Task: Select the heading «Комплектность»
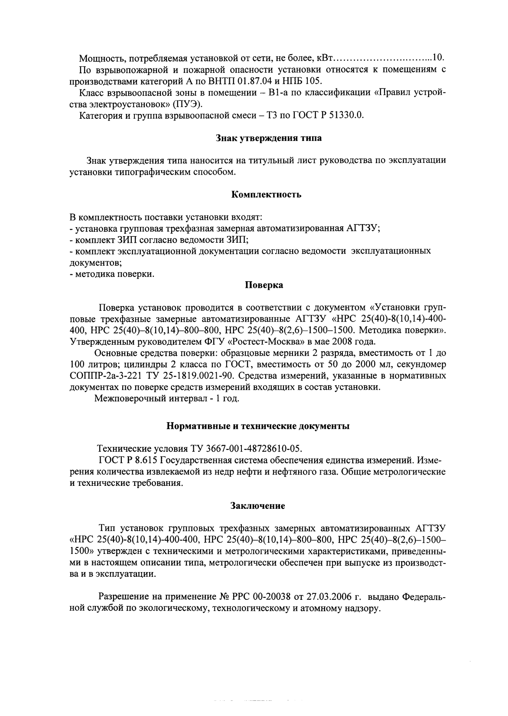[x=266, y=195]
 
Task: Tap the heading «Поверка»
[x=264, y=285]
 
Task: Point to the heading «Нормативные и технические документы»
[x=258, y=426]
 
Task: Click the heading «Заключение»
[x=257, y=506]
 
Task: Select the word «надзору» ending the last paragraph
[x=364, y=609]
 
